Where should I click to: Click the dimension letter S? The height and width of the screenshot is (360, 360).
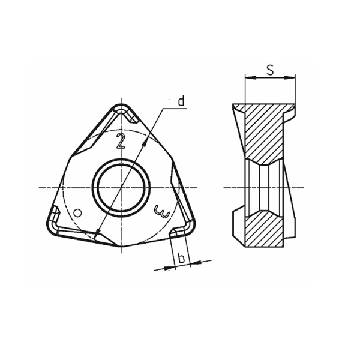pos(270,70)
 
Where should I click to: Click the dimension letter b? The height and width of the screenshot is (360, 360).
pos(180,258)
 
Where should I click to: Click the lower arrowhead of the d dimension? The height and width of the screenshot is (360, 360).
pos(97,234)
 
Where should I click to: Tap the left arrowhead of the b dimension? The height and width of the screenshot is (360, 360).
pos(167,268)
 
